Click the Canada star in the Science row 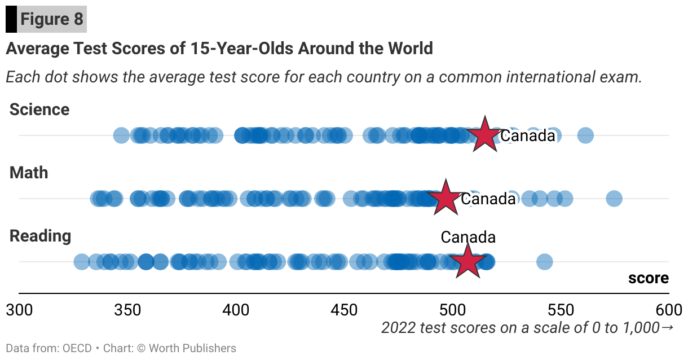coord(484,135)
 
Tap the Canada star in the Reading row coord(468,261)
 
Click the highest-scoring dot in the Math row coord(614,199)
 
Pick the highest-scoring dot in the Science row coord(585,135)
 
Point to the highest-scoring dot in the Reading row coord(544,262)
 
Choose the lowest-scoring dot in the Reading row coord(81,262)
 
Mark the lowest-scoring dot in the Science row coord(121,135)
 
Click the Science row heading coord(39,109)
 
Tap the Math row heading coord(29,173)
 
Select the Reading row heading coord(41,236)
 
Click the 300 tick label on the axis coord(19,310)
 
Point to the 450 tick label coord(344,310)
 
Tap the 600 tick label coord(668,310)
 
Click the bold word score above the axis coord(649,278)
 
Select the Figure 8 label coord(52,20)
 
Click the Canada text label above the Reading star coord(468,238)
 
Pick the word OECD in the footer coord(76,348)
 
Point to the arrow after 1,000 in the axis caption coord(667,327)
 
